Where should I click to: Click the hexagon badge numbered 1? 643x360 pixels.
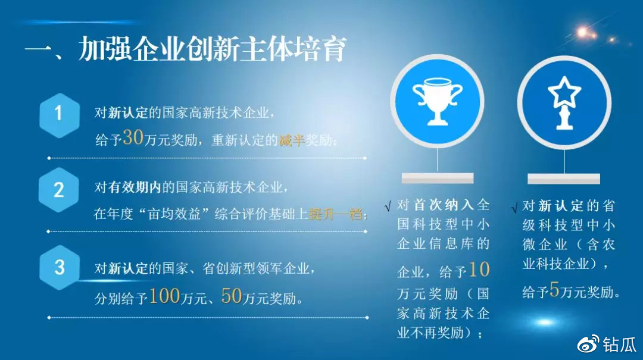point(60,115)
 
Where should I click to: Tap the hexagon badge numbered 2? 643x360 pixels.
point(58,190)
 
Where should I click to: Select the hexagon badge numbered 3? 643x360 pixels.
point(60,267)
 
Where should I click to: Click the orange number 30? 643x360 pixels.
point(133,137)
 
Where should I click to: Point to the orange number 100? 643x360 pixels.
point(164,296)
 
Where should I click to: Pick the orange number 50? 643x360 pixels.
point(232,296)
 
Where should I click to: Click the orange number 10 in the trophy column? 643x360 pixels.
point(479,270)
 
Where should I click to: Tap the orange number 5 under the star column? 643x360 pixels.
point(554,289)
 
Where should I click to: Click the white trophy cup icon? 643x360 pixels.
point(437,101)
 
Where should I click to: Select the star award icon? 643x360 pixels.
point(564,102)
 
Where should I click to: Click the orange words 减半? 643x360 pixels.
point(292,140)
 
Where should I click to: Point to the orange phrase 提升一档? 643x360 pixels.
point(335,214)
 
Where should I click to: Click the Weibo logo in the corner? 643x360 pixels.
point(588,345)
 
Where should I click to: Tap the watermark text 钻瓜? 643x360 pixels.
point(619,345)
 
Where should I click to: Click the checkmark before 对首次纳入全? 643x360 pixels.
point(388,206)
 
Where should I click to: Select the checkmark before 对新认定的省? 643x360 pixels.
point(514,208)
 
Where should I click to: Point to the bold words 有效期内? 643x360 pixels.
point(135,187)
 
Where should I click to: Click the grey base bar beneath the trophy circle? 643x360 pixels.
point(438,178)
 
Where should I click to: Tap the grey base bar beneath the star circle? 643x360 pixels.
point(564,179)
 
